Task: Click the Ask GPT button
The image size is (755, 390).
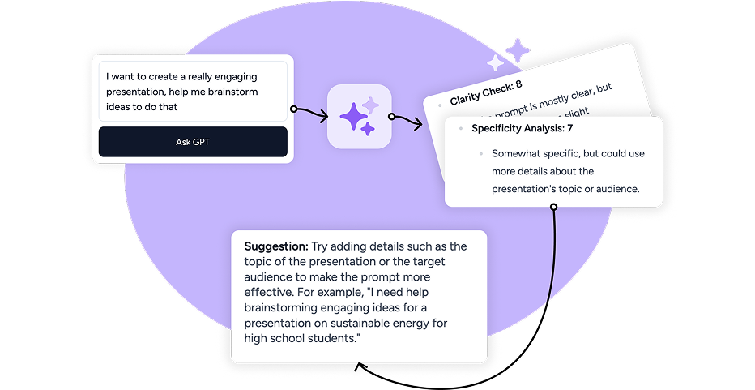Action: click(x=193, y=142)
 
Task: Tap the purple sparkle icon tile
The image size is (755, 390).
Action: click(x=359, y=116)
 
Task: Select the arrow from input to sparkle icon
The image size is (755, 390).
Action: click(x=309, y=113)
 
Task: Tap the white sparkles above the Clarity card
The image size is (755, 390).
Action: click(x=508, y=55)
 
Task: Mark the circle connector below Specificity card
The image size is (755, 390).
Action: click(x=554, y=207)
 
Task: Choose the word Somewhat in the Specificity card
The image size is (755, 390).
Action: click(x=518, y=153)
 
